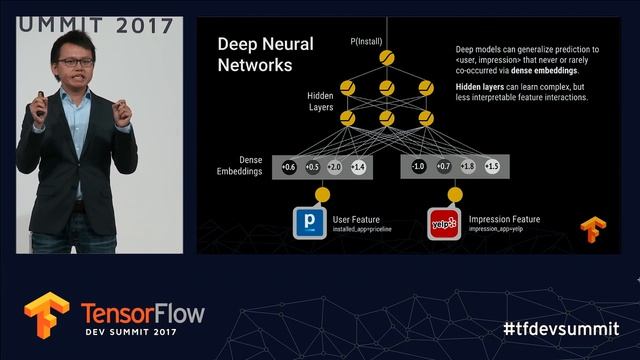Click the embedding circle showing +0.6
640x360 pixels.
(x=288, y=166)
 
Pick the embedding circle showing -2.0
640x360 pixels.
(x=334, y=166)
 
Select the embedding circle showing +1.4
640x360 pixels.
(x=358, y=166)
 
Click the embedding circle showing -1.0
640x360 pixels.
(x=419, y=166)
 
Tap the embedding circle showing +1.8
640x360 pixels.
(x=467, y=166)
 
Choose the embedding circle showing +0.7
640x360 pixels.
(x=443, y=166)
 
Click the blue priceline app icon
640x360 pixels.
(x=308, y=223)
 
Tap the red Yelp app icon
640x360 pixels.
(x=442, y=223)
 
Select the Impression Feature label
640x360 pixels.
(x=505, y=219)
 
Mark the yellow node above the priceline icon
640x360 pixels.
(x=322, y=194)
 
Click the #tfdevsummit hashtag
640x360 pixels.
(x=560, y=328)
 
